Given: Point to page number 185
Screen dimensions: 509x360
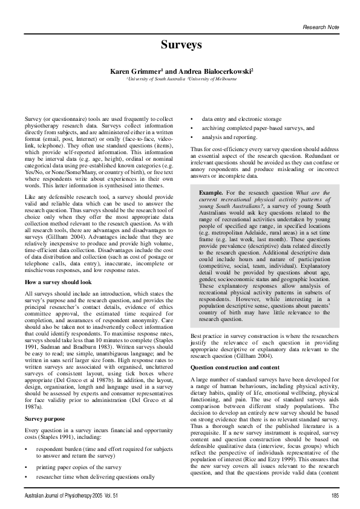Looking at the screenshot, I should (335, 496).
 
